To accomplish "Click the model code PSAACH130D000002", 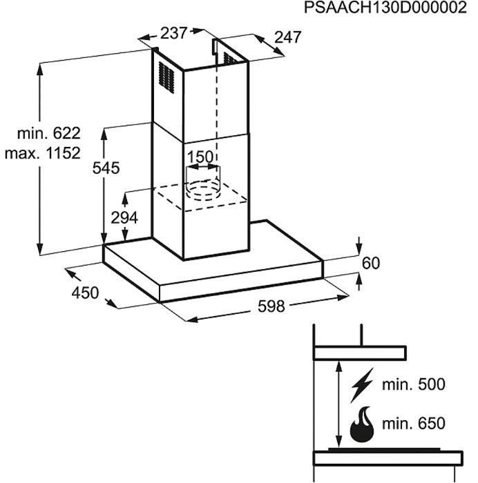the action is coord(385,8).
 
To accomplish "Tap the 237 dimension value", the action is coord(173,33).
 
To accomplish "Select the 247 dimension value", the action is coord(287,37).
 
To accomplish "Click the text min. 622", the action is coord(49,133).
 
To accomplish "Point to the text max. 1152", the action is coord(43,153).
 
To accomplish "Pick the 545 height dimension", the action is coord(106,168).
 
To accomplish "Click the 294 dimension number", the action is coord(124,218).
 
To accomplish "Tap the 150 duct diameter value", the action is coord(200,157).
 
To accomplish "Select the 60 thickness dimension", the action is coord(371,264).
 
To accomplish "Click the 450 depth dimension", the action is coord(85,293).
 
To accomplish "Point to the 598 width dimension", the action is coord(271,306).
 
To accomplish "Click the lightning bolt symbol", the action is coord(362,385).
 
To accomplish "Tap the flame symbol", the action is coord(362,424).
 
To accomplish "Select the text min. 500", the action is coord(414,384).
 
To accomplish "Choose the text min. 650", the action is coord(414,424).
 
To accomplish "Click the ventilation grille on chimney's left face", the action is coord(166,77).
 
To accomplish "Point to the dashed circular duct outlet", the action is coord(203,190).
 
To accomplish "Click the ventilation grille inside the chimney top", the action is coord(231,59).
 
